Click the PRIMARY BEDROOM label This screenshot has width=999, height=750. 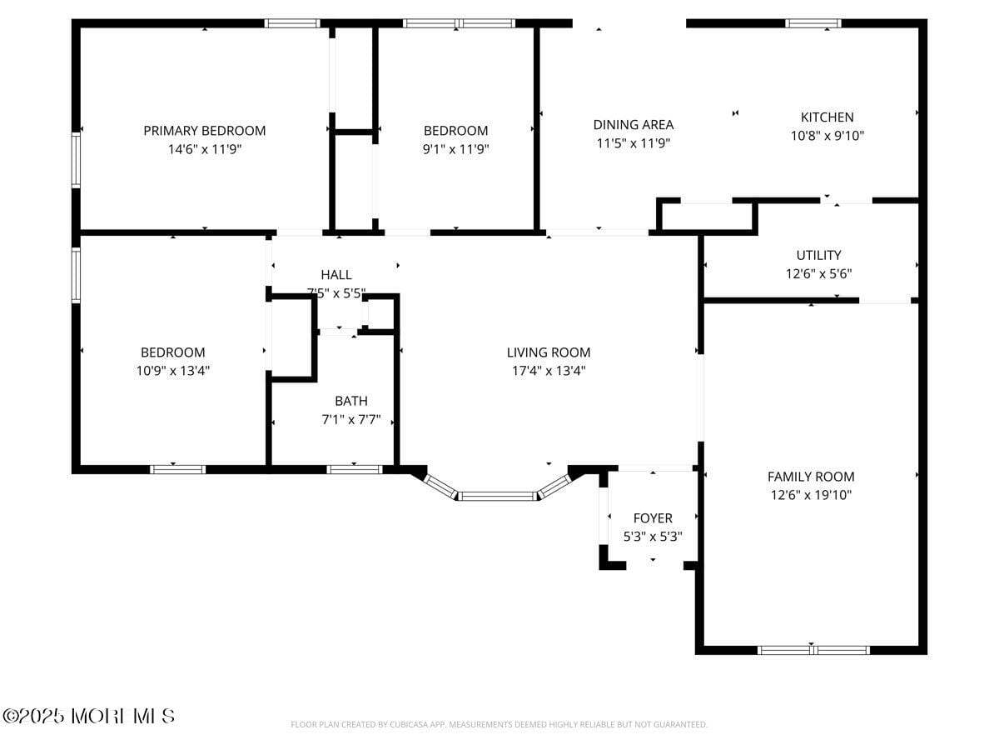click(205, 131)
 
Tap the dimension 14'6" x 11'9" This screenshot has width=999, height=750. click(205, 149)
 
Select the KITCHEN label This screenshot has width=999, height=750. click(827, 117)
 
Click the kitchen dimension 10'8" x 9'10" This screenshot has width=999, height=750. click(827, 136)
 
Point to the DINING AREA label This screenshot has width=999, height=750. click(634, 125)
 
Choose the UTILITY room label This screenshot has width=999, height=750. click(818, 255)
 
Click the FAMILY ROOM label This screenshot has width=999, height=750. click(811, 477)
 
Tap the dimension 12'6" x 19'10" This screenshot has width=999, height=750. click(811, 495)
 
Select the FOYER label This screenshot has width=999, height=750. click(653, 518)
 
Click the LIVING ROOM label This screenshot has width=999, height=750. click(549, 352)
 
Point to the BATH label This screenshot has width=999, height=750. click(351, 401)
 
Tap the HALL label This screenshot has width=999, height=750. click(336, 274)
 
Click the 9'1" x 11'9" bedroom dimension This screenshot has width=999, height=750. click(455, 149)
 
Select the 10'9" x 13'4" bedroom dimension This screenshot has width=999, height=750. click(173, 371)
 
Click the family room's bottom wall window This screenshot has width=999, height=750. click(813, 650)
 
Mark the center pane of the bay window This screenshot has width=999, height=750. click(498, 497)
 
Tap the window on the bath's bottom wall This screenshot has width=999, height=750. click(355, 470)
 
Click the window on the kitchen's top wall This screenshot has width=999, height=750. click(813, 23)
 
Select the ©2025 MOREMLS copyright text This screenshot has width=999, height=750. click(89, 716)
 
